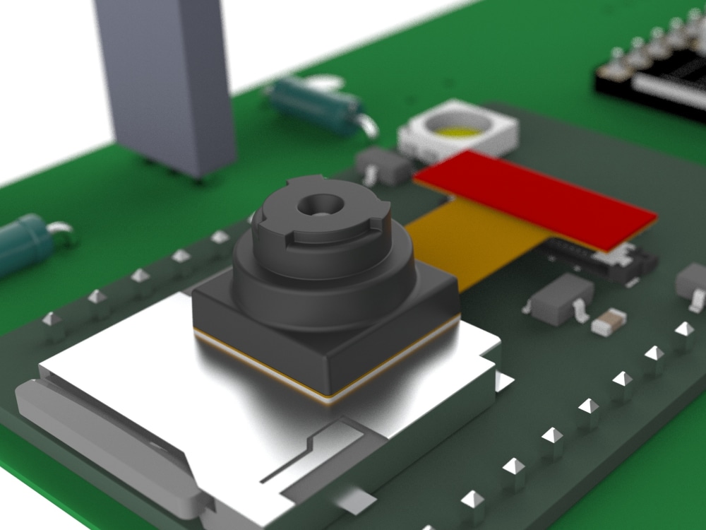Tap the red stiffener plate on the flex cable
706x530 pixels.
(537, 198)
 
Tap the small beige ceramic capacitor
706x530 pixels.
(609, 322)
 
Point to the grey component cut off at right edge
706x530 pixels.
(692, 283)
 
